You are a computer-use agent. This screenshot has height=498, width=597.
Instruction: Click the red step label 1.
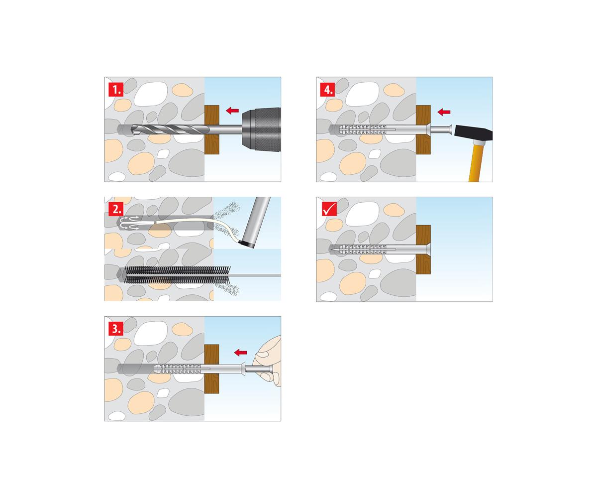[116, 89]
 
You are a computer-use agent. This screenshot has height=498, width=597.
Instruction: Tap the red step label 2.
[116, 209]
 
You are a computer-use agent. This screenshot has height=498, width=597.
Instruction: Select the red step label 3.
[116, 328]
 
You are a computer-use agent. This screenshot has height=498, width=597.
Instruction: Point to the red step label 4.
[327, 89]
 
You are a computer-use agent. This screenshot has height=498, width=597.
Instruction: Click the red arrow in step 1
[232, 110]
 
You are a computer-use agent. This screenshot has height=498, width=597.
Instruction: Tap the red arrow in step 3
[240, 352]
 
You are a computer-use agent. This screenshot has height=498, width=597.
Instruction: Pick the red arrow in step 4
[444, 112]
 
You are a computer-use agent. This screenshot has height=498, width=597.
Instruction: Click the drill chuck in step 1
[261, 129]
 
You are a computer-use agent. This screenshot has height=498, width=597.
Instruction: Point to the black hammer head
[474, 133]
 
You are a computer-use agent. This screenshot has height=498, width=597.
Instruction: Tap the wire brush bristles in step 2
[177, 275]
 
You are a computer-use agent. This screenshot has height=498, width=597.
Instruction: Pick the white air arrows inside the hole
[130, 223]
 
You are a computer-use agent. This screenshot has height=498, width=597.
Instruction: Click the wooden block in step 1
[212, 129]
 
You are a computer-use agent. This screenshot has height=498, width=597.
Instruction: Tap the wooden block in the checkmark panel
[423, 249]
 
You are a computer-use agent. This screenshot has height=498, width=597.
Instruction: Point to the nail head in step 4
[450, 129]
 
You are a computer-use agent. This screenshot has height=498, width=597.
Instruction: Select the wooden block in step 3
[212, 369]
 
